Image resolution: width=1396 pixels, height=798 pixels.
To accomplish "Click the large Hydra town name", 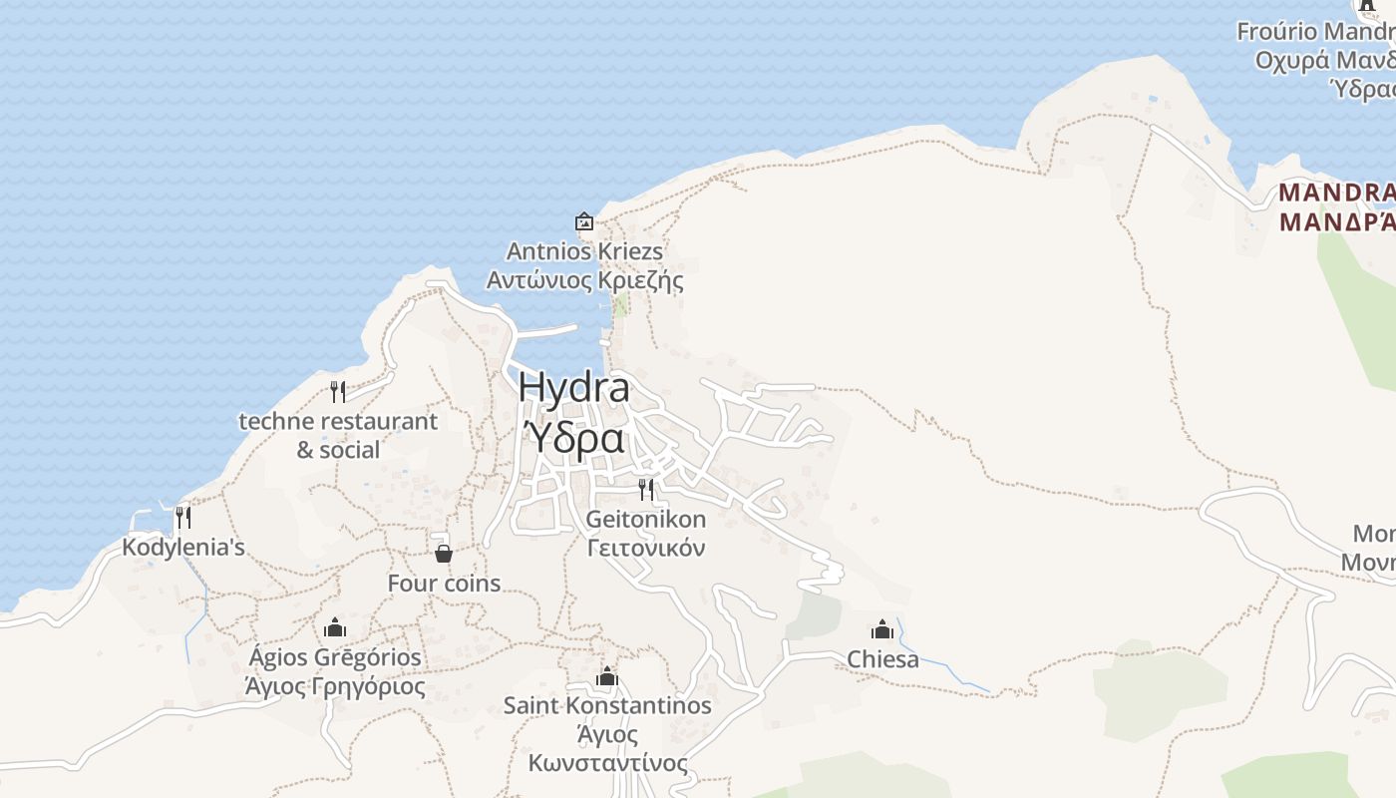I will coord(573,388).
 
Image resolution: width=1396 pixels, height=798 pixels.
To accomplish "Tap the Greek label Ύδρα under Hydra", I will coord(575,438).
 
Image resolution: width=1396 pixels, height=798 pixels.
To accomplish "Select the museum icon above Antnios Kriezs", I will coord(584,221).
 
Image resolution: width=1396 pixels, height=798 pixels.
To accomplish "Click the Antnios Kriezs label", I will coord(584,251).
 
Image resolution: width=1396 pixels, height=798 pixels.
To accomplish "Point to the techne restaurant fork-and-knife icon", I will coord(338,391).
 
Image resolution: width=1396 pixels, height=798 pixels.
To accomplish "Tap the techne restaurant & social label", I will coord(338,435).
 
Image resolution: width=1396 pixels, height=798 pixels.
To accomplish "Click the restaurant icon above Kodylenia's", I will coord(182,517).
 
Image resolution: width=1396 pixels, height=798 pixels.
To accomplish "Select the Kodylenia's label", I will coord(183,548).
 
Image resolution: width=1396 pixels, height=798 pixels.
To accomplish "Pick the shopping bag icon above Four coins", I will coord(444,553).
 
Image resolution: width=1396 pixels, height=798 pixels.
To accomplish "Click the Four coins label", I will coord(444,584).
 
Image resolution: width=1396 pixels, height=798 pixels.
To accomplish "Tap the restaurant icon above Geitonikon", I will coord(646,489).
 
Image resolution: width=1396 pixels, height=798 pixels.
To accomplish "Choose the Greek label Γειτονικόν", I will coord(646,549).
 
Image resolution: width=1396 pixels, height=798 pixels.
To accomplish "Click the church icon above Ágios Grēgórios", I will coord(335,627).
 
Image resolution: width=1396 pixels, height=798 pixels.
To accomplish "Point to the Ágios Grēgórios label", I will coord(335,658).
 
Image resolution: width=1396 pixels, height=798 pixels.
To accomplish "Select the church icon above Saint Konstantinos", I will coord(607,677).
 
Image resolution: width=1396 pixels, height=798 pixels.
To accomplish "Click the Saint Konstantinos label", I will coord(607,706).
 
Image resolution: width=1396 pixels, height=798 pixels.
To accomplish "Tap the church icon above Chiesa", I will coord(882,629).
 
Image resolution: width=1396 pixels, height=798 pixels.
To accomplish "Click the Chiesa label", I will coord(882,659).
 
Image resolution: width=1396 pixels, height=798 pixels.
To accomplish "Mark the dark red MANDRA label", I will coord(1336,193).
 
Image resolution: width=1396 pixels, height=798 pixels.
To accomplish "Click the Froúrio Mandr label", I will coord(1315,32).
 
